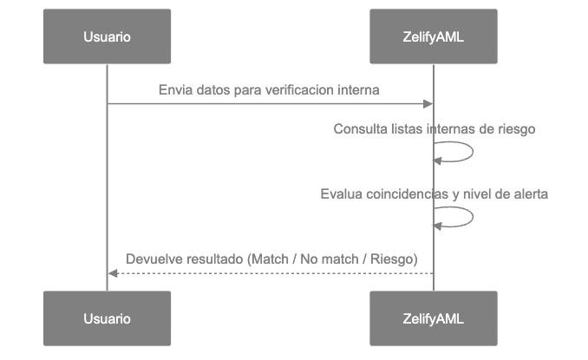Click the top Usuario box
point(108,37)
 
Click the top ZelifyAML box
point(434,37)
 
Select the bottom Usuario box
point(108,318)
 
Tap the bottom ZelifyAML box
point(434,318)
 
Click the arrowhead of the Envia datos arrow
point(428,104)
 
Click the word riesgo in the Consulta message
point(517,129)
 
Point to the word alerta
point(529,194)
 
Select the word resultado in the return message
point(214,259)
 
